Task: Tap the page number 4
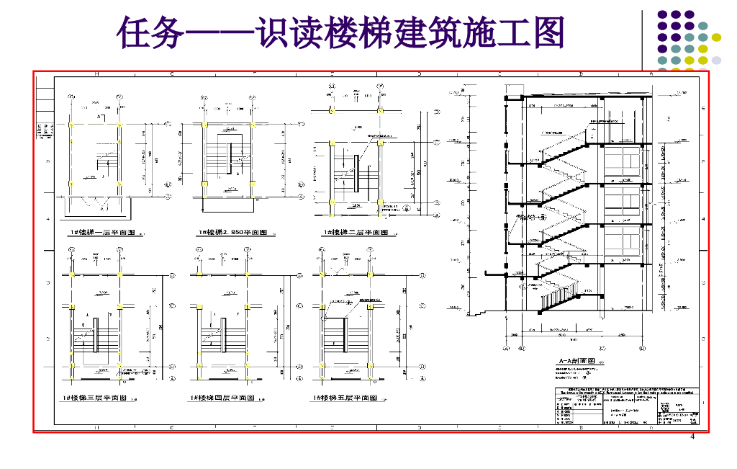(x=692, y=437)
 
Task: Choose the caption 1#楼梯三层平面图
(x=95, y=398)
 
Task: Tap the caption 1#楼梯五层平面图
(x=345, y=398)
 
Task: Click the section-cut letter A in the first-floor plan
(x=99, y=116)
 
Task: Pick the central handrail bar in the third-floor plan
(x=95, y=332)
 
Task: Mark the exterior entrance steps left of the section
(x=479, y=312)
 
